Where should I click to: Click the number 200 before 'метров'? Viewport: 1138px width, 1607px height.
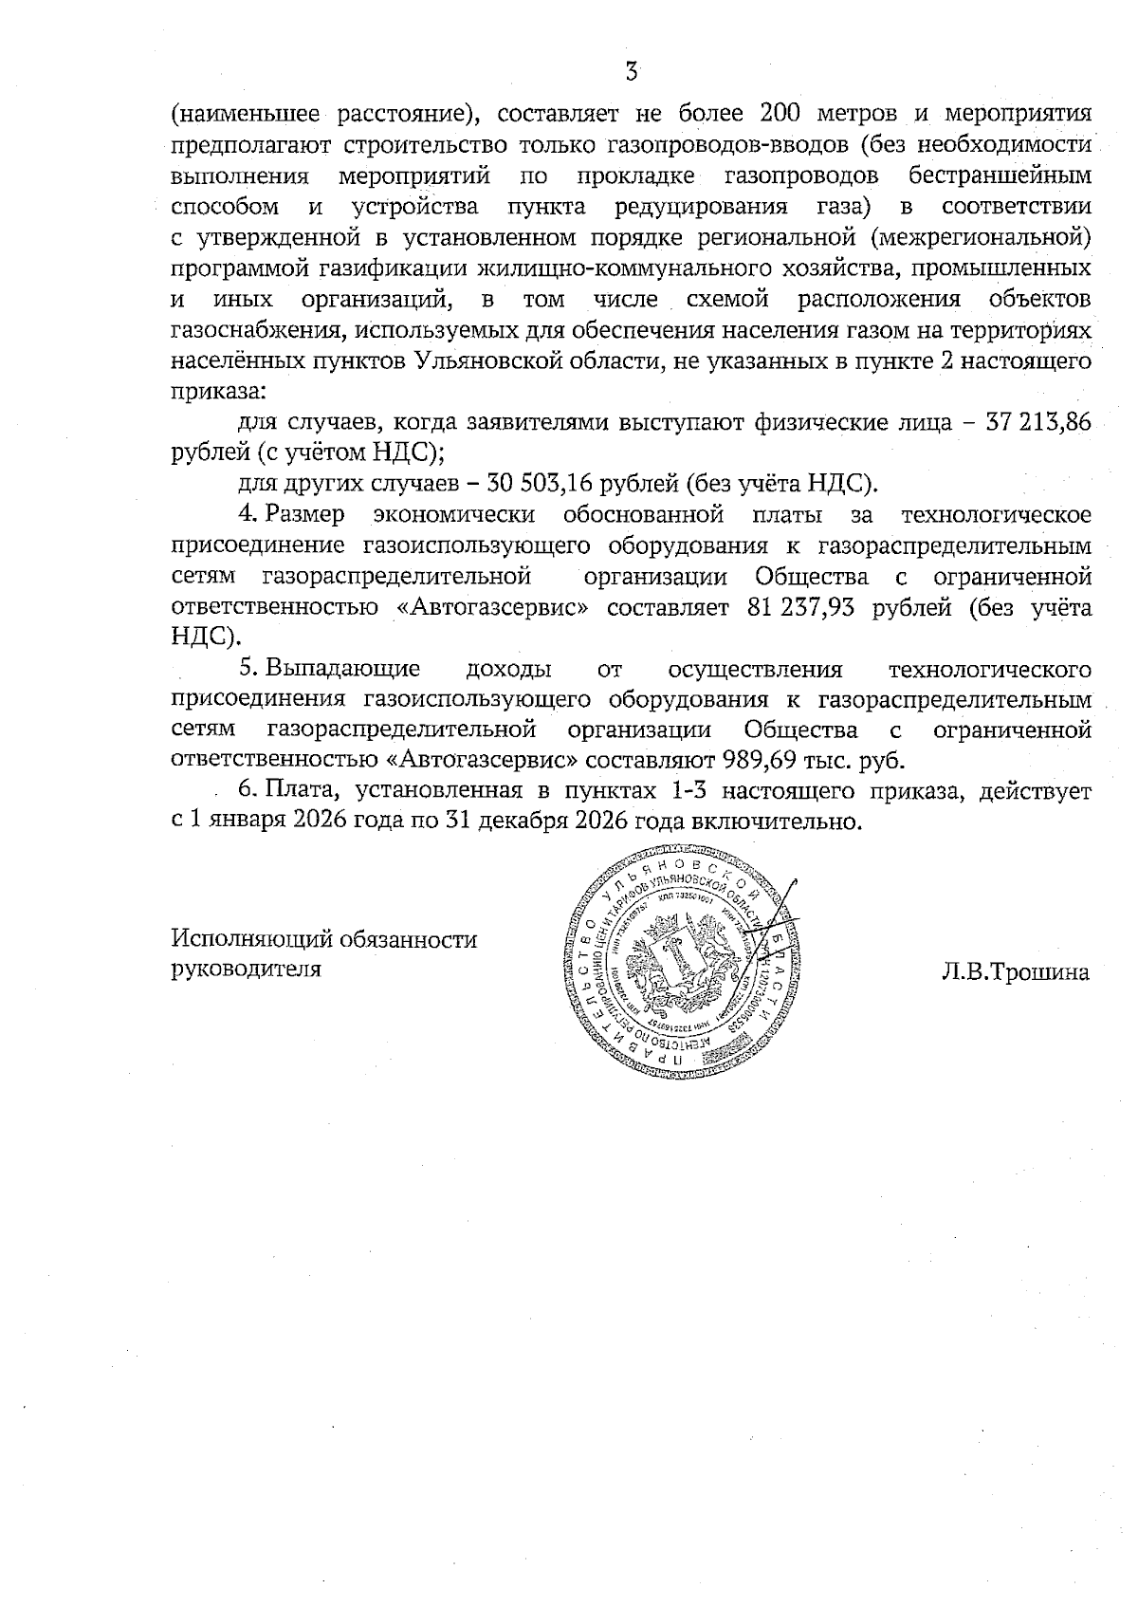click(x=784, y=114)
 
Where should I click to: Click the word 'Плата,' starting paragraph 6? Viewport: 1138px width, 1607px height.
click(x=297, y=790)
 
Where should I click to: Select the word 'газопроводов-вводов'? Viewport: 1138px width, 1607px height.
click(x=726, y=145)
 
